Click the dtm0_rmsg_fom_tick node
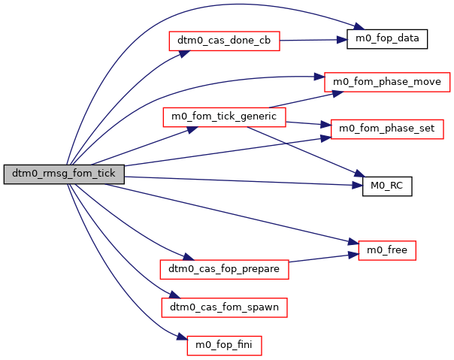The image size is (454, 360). [x=64, y=174]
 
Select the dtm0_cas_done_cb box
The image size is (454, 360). [x=224, y=41]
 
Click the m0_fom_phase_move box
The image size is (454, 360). [x=387, y=80]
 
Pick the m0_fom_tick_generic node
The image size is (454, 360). [x=224, y=117]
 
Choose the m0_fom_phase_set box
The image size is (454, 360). [x=387, y=128]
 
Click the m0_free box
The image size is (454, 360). [x=387, y=250]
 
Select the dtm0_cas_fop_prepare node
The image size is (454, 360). [x=224, y=268]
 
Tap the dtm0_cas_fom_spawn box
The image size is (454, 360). [x=224, y=307]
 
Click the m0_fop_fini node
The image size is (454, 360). [x=224, y=345]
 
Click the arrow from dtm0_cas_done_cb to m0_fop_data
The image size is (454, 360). [x=313, y=39]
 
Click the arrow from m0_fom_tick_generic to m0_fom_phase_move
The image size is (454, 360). [x=301, y=98]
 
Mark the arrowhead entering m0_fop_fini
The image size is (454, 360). [x=181, y=340]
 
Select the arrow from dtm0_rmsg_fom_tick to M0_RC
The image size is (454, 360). [x=241, y=180]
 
